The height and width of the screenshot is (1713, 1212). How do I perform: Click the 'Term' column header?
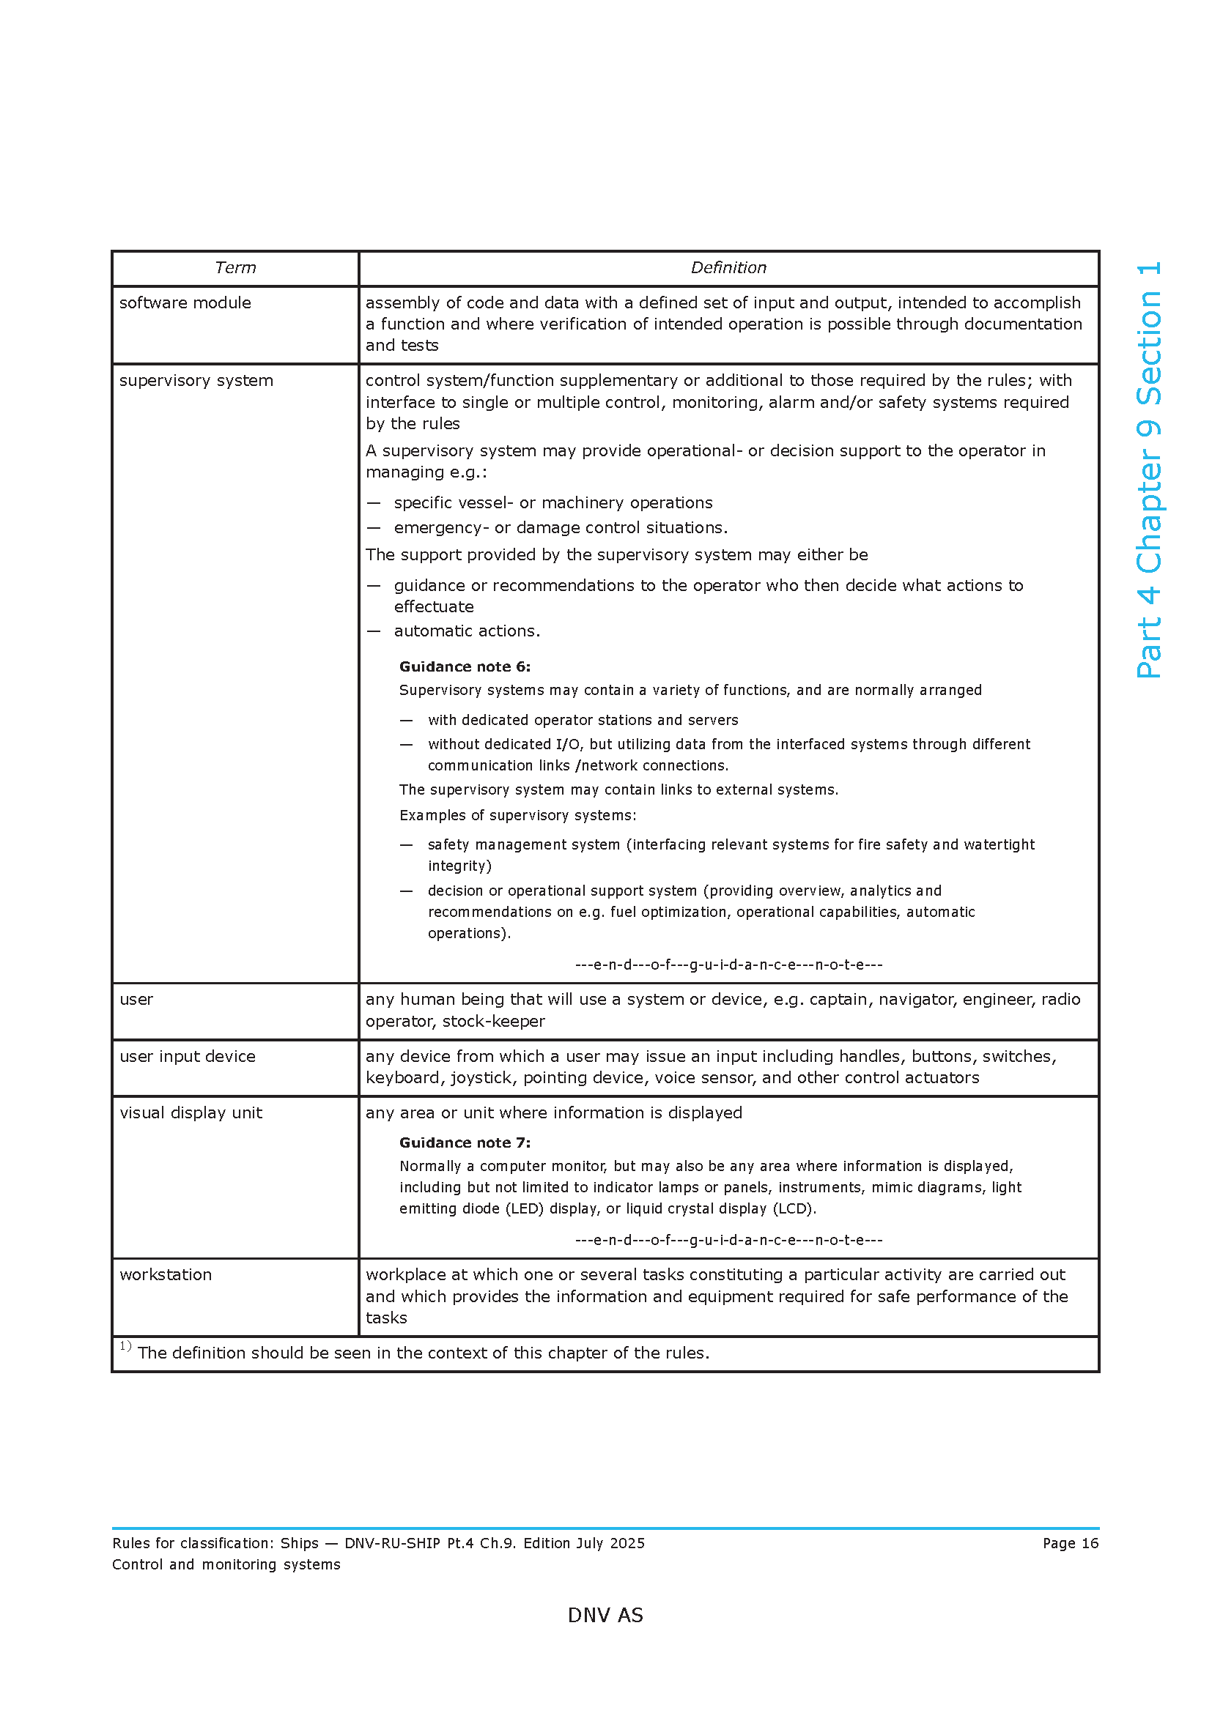click(235, 268)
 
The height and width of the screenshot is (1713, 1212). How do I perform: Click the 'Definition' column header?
click(728, 268)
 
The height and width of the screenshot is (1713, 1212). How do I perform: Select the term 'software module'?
click(185, 303)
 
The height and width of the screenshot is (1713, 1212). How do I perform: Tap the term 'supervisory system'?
click(196, 381)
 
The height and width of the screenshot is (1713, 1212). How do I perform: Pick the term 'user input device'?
click(188, 1057)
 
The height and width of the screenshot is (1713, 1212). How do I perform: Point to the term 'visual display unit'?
click(191, 1112)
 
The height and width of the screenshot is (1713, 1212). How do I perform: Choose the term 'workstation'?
click(166, 1274)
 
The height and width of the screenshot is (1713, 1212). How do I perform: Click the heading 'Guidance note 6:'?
click(464, 666)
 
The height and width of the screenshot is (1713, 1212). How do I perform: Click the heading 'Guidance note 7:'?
click(464, 1142)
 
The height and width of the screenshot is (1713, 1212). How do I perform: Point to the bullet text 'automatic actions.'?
click(467, 631)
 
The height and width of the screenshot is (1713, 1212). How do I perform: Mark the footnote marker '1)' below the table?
click(125, 1347)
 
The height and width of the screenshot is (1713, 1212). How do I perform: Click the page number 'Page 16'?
click(1070, 1543)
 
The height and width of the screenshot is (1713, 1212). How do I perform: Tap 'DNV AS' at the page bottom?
click(605, 1616)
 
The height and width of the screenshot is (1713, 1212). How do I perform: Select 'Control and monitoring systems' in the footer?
click(226, 1564)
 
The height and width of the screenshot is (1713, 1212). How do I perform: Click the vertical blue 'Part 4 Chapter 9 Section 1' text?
click(1148, 470)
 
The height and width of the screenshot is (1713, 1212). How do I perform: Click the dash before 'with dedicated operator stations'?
click(406, 720)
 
